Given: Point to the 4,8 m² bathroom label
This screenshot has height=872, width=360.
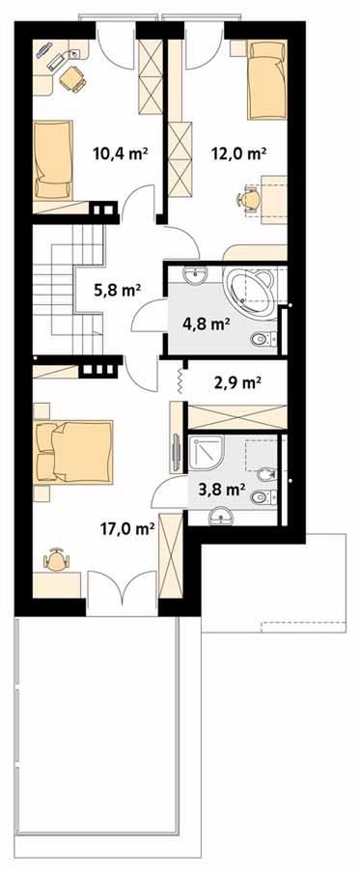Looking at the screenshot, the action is (207, 324).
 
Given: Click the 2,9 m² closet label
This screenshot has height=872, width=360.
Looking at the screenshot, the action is (237, 382).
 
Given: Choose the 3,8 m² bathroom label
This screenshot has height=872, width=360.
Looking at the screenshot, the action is (222, 490).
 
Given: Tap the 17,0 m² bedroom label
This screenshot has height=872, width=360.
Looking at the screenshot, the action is (126, 528).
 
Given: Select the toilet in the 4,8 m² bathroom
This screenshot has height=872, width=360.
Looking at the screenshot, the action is (263, 338).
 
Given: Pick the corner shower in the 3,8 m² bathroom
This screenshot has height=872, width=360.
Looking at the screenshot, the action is (207, 453).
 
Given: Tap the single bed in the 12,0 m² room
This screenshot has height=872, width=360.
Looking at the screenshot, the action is (266, 79).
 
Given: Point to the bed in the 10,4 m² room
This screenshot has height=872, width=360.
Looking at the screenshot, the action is (53, 159).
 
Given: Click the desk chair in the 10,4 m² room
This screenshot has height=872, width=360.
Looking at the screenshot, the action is (72, 79).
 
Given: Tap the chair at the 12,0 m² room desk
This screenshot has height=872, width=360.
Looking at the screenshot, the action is (248, 198).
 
